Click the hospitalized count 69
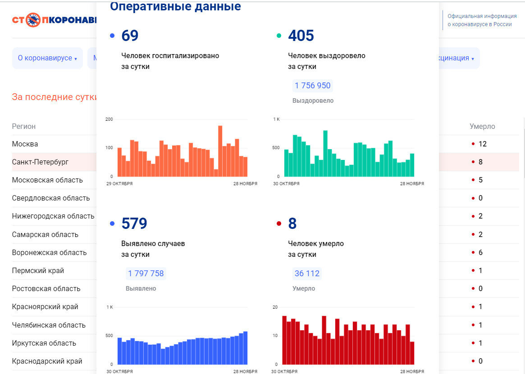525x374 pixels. (x=130, y=36)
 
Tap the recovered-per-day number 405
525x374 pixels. (x=301, y=36)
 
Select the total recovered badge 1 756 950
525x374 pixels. (x=312, y=86)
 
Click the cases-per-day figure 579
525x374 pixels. (x=134, y=223)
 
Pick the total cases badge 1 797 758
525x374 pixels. (x=146, y=274)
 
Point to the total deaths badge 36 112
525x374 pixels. (x=307, y=274)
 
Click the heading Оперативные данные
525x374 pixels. (x=175, y=7)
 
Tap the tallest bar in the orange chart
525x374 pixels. (x=220, y=151)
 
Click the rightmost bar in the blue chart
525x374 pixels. (x=245, y=348)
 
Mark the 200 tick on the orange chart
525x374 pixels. (x=109, y=119)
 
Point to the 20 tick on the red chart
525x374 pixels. (x=275, y=307)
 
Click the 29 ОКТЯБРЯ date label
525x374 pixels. (x=119, y=184)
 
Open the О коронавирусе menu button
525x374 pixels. (x=47, y=58)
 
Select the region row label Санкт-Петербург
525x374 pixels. (x=40, y=162)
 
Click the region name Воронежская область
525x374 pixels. (x=49, y=252)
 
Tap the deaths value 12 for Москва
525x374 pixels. (x=483, y=144)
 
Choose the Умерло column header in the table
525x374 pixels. (x=482, y=127)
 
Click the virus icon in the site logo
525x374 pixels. (x=33, y=20)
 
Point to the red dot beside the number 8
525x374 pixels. (x=279, y=223)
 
